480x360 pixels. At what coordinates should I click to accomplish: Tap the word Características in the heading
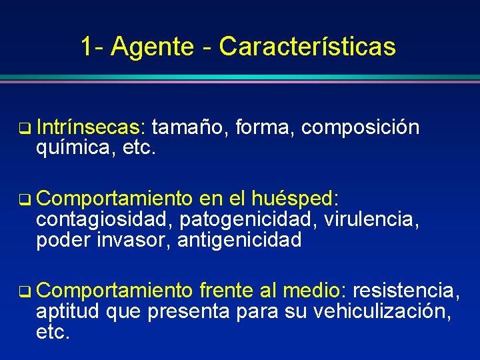click(307, 47)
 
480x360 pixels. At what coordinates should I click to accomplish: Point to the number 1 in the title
click(87, 47)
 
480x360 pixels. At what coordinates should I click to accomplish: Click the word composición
click(360, 127)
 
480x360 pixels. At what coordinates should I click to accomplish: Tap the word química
click(73, 146)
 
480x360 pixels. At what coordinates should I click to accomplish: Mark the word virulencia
click(372, 219)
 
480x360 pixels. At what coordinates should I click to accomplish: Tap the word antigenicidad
click(239, 239)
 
